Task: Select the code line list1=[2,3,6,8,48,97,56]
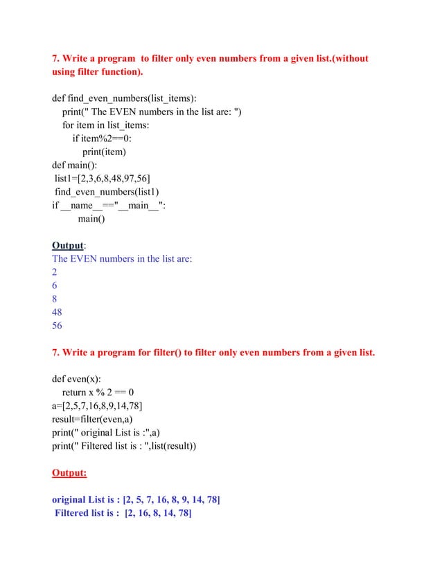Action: point(103,179)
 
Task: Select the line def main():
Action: point(75,166)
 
